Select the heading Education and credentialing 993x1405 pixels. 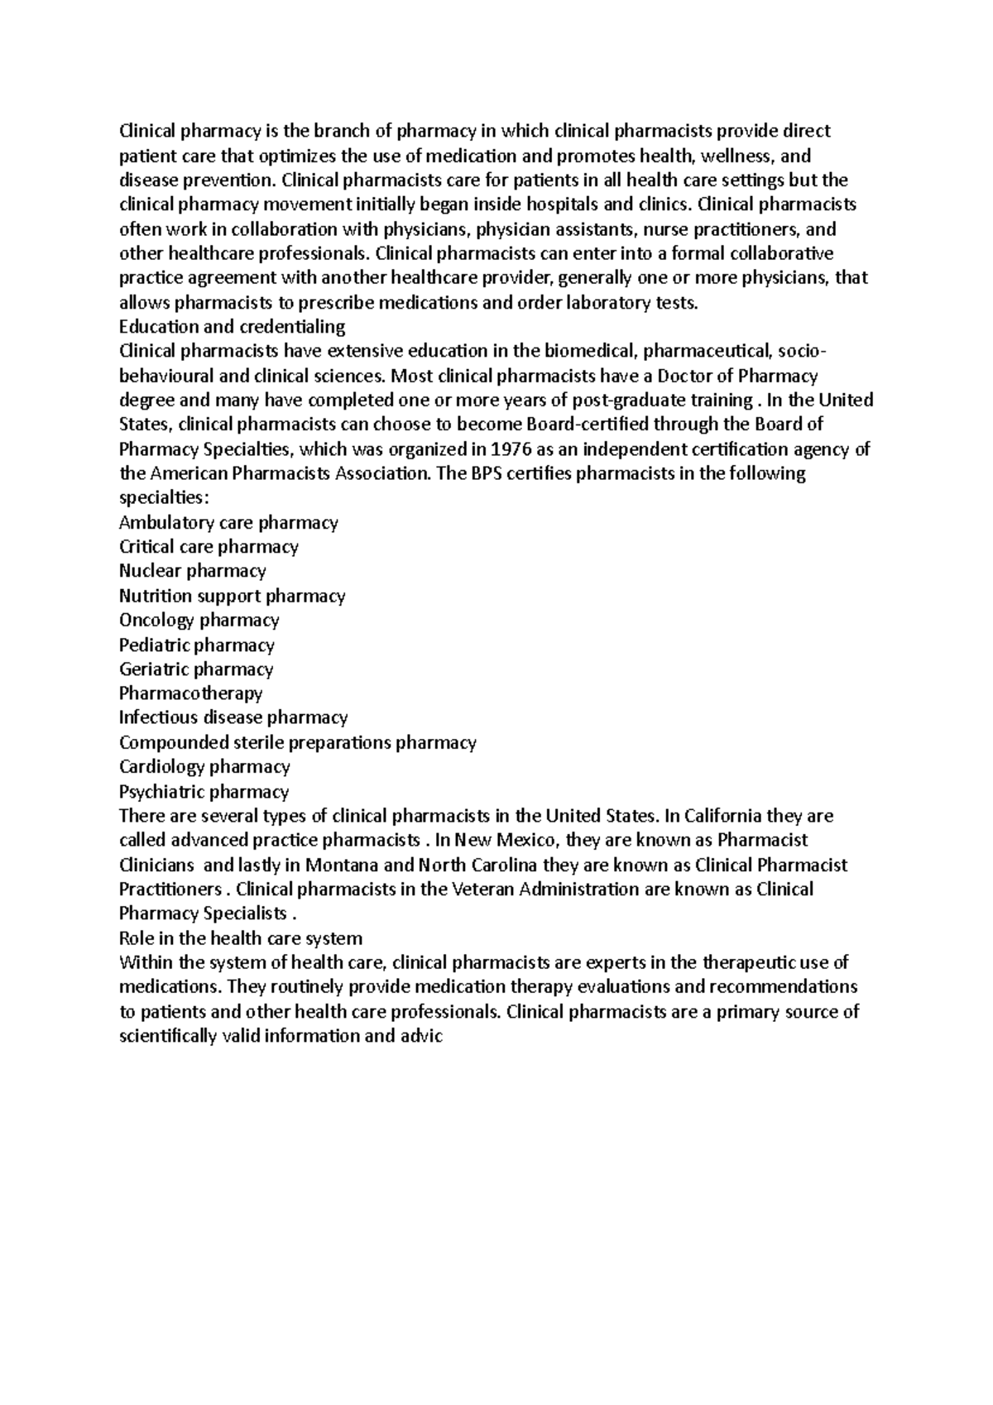click(x=232, y=327)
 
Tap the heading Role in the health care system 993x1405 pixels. click(x=241, y=938)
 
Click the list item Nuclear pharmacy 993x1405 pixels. click(x=192, y=571)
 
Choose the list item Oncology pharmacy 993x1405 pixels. click(x=199, y=620)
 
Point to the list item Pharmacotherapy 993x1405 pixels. click(x=190, y=693)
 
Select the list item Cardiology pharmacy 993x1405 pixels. click(x=204, y=767)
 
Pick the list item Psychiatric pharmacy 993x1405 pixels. click(x=204, y=791)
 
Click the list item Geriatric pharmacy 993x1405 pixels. click(x=196, y=669)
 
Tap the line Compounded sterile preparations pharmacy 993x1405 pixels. click(x=297, y=742)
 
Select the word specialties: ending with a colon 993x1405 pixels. click(x=161, y=498)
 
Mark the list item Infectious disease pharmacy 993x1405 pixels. click(x=233, y=717)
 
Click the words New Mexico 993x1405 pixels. click(x=506, y=841)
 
